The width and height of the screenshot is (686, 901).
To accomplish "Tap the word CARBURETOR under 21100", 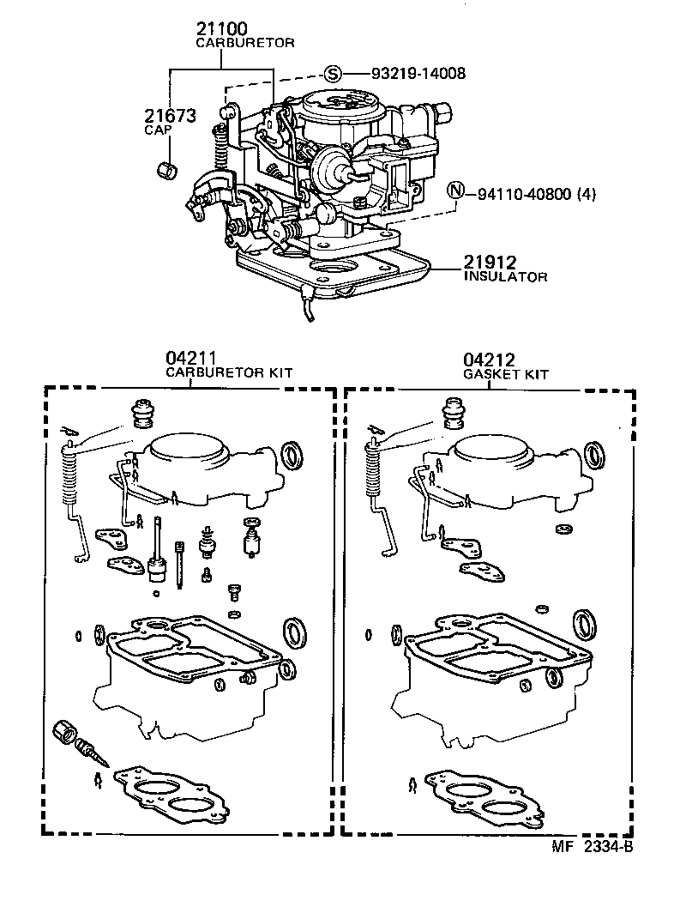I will [245, 42].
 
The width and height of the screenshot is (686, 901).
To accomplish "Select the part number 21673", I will [170, 116].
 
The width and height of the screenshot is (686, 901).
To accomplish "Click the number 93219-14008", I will [418, 74].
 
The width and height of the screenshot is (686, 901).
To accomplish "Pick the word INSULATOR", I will [505, 277].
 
